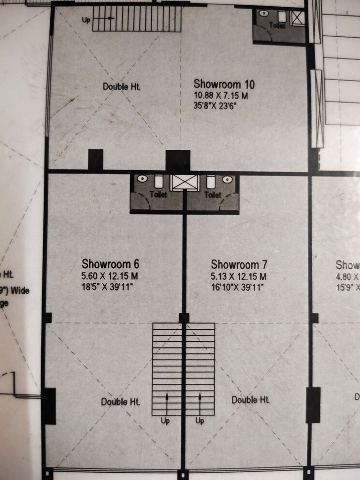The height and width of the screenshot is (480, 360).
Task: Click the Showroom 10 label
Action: pos(224,84)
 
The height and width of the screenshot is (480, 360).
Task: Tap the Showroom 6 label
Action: pos(111,264)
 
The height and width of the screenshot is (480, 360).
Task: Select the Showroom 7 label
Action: pos(239,265)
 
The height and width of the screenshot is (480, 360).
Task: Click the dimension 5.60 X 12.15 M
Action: pos(110,276)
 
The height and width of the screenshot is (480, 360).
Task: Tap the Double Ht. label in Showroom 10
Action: pos(121,87)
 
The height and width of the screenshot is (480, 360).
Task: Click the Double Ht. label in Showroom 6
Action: pos(121,402)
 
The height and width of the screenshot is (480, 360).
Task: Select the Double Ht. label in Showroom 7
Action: pos(250,400)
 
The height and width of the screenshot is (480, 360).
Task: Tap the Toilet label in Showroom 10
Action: pos(277,26)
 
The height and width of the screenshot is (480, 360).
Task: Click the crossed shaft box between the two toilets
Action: pos(185,183)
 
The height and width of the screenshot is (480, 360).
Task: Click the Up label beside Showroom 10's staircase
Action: pos(85,20)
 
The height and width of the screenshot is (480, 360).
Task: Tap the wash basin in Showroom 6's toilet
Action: pos(142,179)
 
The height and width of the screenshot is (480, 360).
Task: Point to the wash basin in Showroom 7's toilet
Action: pos(227,179)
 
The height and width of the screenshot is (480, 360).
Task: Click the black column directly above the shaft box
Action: pos(178,160)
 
